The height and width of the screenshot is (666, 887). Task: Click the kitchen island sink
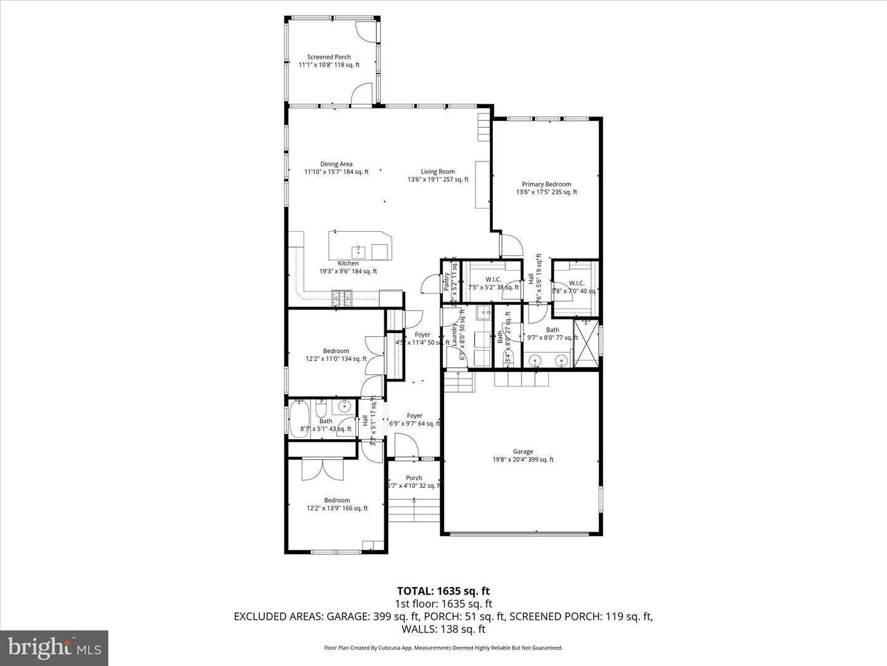(x=358, y=251)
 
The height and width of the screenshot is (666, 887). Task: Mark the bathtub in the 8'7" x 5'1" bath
(x=299, y=419)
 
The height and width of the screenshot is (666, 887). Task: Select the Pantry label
(x=447, y=282)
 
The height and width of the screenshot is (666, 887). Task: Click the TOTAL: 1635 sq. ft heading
(x=443, y=591)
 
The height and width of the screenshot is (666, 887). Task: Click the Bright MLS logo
(x=54, y=647)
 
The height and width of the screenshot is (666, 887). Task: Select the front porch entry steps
(x=414, y=509)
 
